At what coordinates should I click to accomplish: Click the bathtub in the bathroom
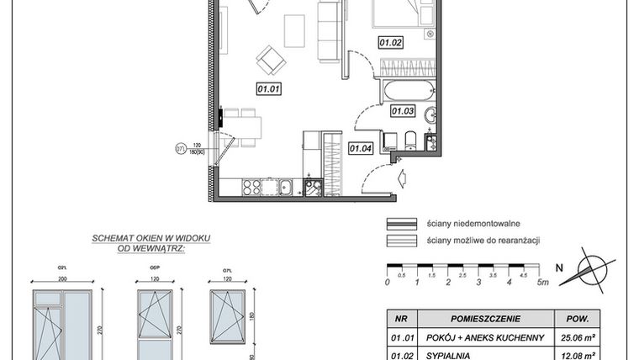click(407, 90)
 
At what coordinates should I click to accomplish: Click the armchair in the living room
click(271, 59)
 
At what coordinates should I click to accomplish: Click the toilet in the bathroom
click(409, 139)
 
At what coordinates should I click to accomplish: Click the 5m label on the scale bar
click(543, 283)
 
